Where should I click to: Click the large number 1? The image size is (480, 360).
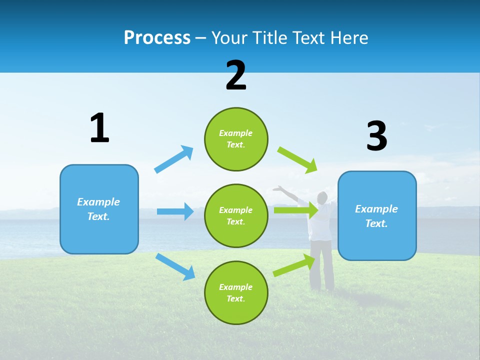tap(99, 128)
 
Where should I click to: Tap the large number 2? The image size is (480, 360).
tap(235, 75)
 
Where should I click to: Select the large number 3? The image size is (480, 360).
tap(376, 136)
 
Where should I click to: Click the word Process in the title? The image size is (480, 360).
tap(157, 37)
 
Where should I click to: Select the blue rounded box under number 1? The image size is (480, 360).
tap(99, 209)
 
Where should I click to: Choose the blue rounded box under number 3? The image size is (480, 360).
tap(377, 215)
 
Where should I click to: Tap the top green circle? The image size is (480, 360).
tap(236, 139)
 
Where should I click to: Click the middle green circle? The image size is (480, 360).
tap(236, 215)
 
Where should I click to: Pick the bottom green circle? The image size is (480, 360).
tap(236, 292)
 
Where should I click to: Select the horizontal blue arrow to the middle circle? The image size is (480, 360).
tap(175, 211)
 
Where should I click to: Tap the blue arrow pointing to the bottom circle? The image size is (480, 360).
tap(175, 266)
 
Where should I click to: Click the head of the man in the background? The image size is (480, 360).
tap(322, 197)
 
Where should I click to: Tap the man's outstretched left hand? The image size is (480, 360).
tap(277, 188)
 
